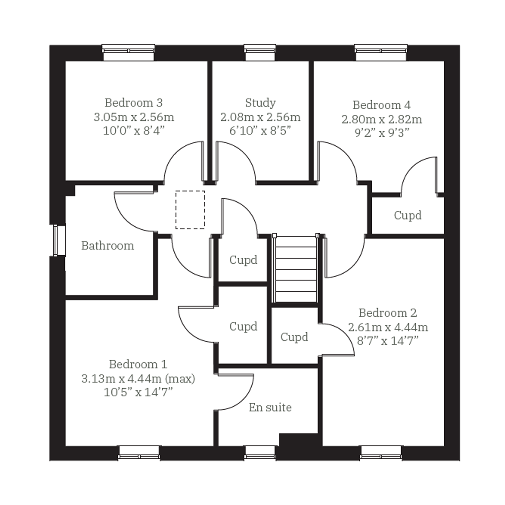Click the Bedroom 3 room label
[134, 103]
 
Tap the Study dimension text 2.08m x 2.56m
[260, 117]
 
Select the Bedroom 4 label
[381, 105]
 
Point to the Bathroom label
[107, 246]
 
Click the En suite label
[270, 407]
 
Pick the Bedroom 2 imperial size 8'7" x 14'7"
[388, 341]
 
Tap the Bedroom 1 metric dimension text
[138, 379]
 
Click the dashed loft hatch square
[190, 210]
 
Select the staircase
[295, 268]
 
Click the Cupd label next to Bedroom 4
[407, 216]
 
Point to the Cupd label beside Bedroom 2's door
[294, 337]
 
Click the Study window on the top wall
[260, 53]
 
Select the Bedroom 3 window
[128, 53]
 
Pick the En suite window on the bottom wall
[260, 452]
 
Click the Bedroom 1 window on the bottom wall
[139, 452]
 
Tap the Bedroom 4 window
[381, 53]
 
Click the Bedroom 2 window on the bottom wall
[381, 452]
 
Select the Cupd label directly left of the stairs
[243, 260]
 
